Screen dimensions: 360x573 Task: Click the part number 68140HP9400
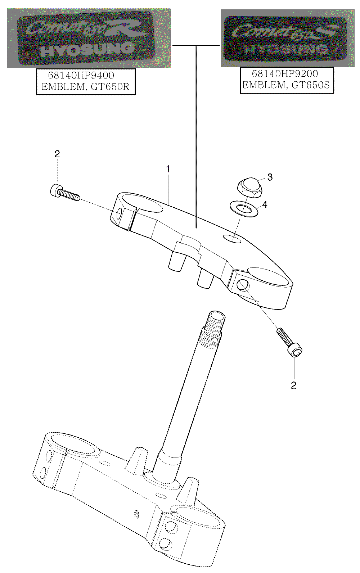pyautogui.click(x=81, y=76)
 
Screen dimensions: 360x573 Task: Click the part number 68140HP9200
pyautogui.click(x=285, y=74)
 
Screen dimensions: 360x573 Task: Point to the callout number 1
pyautogui.click(x=168, y=169)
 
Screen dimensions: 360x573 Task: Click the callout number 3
pyautogui.click(x=270, y=177)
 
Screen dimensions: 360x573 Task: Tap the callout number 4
pyautogui.click(x=265, y=204)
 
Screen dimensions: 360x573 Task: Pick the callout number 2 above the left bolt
pyautogui.click(x=57, y=154)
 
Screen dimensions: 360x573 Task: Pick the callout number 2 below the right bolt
pyautogui.click(x=293, y=385)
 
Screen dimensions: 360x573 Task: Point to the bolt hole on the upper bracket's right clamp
pyautogui.click(x=243, y=285)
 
